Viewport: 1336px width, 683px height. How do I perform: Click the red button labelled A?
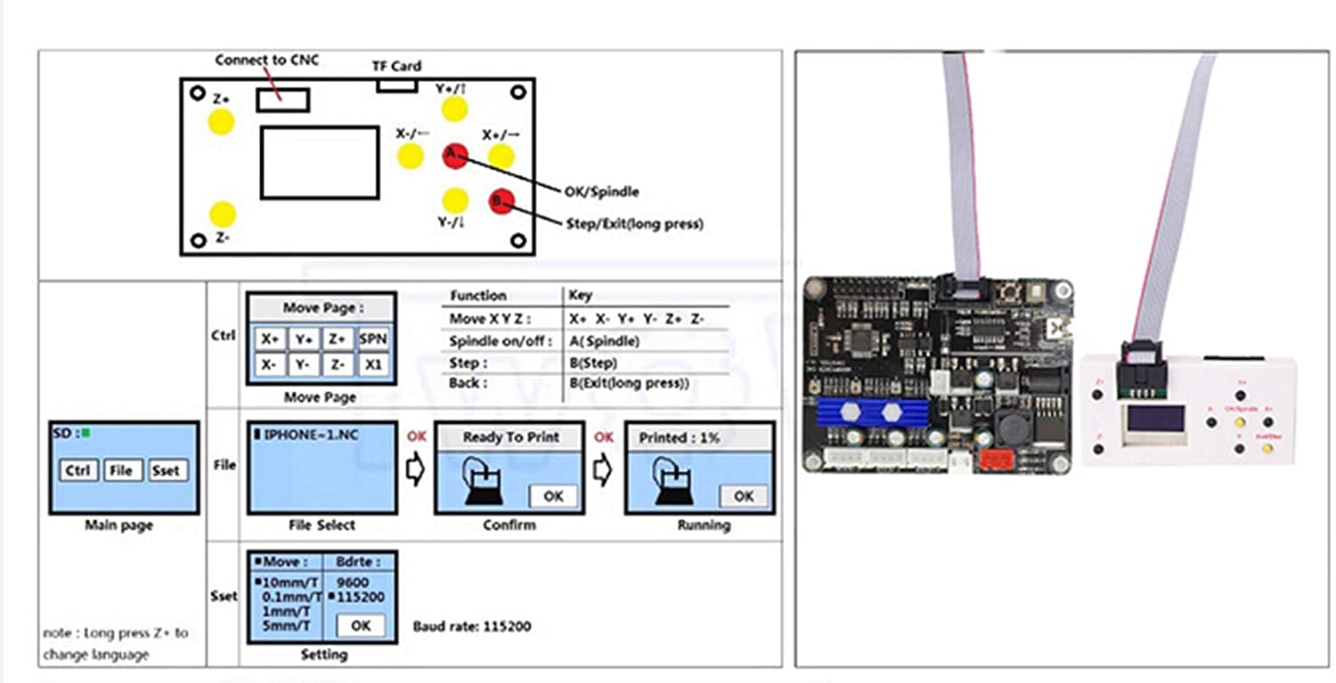click(x=454, y=155)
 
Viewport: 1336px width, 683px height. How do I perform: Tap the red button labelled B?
click(x=501, y=200)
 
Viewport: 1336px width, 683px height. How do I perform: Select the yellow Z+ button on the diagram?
click(x=221, y=121)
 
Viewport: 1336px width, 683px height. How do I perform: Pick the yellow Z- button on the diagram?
click(x=222, y=214)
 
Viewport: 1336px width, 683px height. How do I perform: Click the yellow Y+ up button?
click(x=454, y=110)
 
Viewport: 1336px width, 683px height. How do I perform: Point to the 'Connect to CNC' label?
click(x=266, y=61)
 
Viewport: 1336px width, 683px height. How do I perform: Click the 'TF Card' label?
click(x=396, y=66)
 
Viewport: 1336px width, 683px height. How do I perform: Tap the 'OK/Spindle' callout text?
click(x=601, y=191)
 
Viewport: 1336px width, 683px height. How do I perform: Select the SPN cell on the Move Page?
click(x=374, y=338)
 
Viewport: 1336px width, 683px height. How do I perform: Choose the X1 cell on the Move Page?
click(x=374, y=364)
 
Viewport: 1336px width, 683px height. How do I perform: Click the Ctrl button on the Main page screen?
click(x=77, y=470)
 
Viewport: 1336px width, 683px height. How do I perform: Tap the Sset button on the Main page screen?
click(x=166, y=470)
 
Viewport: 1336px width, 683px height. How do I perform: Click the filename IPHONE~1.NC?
click(x=303, y=435)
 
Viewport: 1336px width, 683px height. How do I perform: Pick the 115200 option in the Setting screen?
click(x=361, y=597)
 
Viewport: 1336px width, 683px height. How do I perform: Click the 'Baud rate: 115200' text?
click(x=471, y=626)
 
